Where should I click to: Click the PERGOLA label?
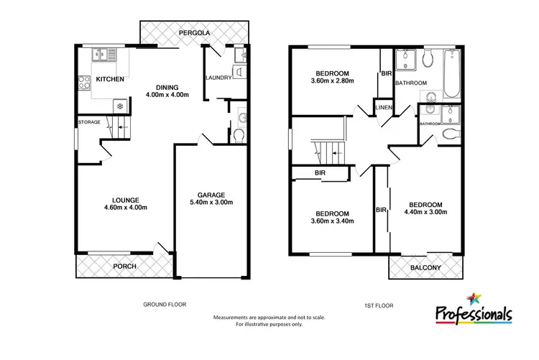click(195, 32)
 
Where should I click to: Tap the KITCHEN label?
click(111, 79)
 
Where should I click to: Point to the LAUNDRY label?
click(218, 78)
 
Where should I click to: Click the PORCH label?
click(125, 267)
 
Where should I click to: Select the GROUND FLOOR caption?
click(165, 305)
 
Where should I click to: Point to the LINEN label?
click(383, 109)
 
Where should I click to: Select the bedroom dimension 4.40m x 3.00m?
click(425, 212)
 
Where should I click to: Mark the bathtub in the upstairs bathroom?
click(453, 74)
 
